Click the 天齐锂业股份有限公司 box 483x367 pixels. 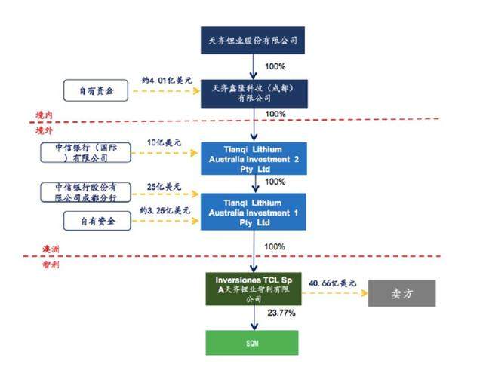click(253, 40)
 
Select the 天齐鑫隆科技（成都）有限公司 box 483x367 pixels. click(254, 93)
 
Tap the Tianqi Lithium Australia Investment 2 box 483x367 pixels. click(254, 158)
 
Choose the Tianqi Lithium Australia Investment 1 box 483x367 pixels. click(254, 212)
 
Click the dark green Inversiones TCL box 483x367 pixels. click(254, 289)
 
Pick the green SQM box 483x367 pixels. click(252, 343)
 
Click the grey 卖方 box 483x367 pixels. click(402, 293)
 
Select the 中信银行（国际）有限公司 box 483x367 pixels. click(85, 152)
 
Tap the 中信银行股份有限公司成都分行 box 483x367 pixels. click(85, 193)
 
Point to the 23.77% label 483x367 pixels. click(281, 313)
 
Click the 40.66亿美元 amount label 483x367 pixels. click(332, 283)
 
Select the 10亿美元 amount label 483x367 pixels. click(164, 142)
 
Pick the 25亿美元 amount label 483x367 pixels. click(164, 187)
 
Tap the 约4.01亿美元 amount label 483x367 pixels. click(167, 81)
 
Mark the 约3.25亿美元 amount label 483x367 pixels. click(165, 211)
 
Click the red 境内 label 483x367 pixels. click(44, 115)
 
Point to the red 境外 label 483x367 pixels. click(44, 130)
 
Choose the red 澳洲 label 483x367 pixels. click(51, 249)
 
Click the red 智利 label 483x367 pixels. click(51, 265)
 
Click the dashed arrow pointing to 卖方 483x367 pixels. click(335, 293)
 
